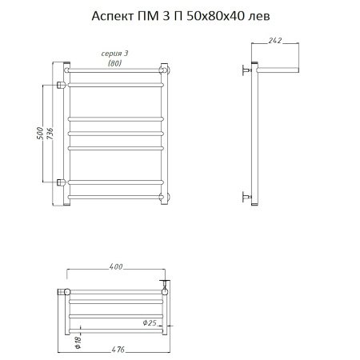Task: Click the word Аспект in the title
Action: [113, 17]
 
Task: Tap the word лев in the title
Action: [259, 17]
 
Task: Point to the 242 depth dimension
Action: [275, 40]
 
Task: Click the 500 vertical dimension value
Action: [39, 134]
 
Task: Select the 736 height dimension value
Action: [50, 134]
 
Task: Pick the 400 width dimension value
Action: [116, 266]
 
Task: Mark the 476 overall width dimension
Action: [118, 350]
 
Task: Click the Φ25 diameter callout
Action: [150, 323]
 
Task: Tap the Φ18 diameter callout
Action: [78, 342]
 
